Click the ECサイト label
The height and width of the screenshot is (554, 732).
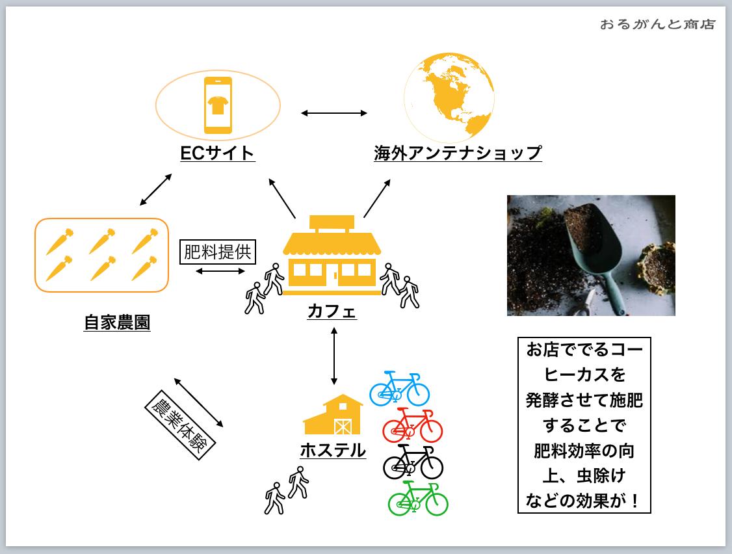coord(218,153)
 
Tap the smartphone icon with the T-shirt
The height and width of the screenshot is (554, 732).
coord(218,105)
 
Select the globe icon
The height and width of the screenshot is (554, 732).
coord(449,98)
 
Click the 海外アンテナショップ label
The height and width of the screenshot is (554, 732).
coord(458,153)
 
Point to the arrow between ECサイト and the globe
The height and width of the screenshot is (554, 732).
coord(333,113)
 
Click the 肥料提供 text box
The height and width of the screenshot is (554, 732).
coord(218,252)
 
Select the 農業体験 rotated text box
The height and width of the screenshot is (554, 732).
coord(180,425)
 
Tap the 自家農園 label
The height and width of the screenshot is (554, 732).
coord(117,323)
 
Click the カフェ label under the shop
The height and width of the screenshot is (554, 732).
coord(332,311)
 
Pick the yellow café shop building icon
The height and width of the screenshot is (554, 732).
coord(332,255)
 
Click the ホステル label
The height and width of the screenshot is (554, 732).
coord(333,451)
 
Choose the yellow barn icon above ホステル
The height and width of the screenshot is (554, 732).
coord(333,414)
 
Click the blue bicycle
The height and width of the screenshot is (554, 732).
coord(400,389)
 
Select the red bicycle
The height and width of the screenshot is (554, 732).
coord(413,425)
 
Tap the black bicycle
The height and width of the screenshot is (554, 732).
coord(413,462)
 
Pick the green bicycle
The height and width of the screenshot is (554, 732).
coord(418,499)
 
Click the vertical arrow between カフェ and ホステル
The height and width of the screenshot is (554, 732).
coord(333,356)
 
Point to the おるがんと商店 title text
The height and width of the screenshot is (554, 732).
coord(657,24)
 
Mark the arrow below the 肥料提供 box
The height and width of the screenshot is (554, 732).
coord(220,271)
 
